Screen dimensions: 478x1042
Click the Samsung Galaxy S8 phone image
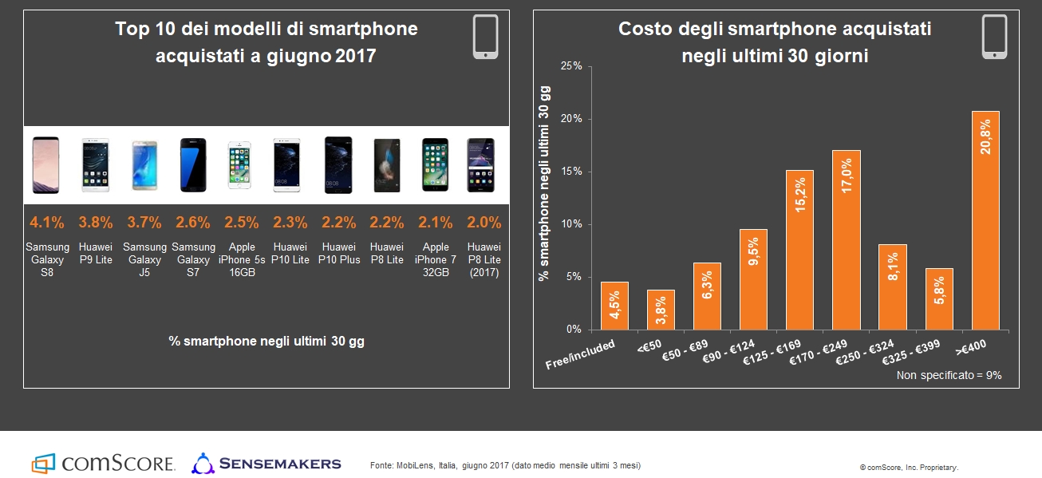tap(45, 165)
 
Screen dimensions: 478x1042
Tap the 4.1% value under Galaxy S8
tap(47, 223)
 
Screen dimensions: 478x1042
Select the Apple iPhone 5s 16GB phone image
tap(241, 165)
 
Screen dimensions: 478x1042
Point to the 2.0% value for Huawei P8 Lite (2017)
tap(484, 223)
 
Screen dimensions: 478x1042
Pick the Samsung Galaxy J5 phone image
tap(144, 165)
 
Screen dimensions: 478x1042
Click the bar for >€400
tap(985, 220)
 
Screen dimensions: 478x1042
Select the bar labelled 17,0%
tap(846, 239)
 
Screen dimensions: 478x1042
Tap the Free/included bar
tap(614, 306)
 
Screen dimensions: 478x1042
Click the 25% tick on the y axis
tap(572, 66)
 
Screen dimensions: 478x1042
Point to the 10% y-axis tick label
tap(572, 224)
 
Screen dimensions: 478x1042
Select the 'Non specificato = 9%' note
tap(949, 375)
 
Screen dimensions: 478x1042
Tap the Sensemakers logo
tap(266, 463)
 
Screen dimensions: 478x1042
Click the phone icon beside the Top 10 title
tap(486, 37)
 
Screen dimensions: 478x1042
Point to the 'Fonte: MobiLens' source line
tap(505, 465)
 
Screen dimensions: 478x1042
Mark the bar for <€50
tap(661, 310)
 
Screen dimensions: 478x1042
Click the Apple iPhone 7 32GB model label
tap(436, 259)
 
